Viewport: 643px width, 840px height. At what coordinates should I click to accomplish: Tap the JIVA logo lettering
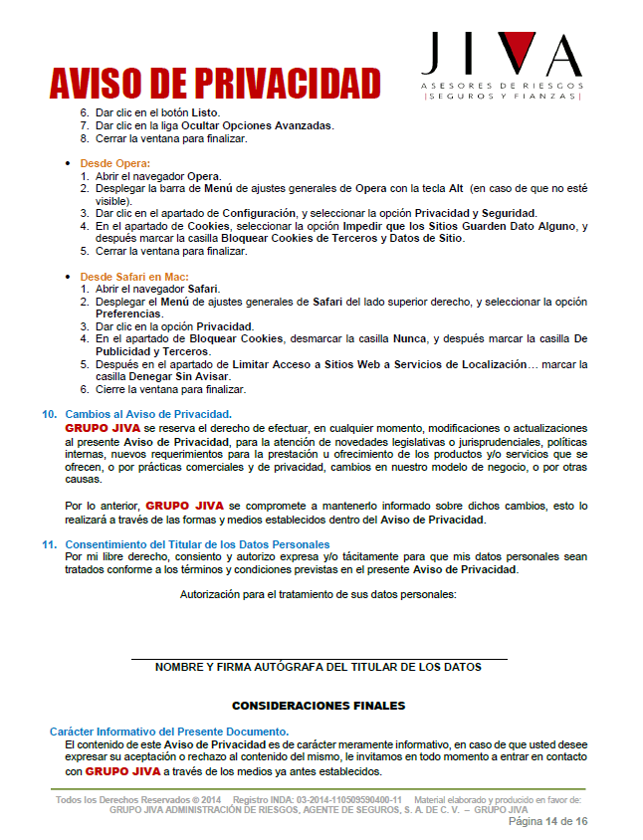pos(501,55)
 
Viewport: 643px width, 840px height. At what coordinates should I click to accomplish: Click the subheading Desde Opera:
pos(114,162)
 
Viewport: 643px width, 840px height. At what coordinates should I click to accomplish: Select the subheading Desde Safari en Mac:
pos(134,276)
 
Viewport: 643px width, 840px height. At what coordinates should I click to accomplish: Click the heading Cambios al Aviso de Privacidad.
pos(148,413)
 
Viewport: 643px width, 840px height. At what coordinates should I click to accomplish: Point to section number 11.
pos(48,544)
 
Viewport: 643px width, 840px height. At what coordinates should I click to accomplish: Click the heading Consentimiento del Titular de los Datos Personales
pos(197,544)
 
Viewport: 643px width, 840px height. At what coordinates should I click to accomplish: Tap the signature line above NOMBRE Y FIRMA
pos(319,658)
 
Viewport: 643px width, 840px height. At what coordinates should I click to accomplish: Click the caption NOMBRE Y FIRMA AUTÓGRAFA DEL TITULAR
pos(319,667)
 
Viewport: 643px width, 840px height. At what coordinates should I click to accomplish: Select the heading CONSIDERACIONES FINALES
pos(319,706)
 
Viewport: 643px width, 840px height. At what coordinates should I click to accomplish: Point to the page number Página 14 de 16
pos(548,821)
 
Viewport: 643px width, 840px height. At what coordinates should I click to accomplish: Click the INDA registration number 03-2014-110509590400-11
pos(341,799)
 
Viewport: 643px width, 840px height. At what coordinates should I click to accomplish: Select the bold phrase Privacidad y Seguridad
pos(475,213)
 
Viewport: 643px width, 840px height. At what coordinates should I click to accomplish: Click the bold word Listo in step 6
pos(203,112)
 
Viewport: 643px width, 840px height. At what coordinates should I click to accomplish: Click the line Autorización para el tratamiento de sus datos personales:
pos(318,594)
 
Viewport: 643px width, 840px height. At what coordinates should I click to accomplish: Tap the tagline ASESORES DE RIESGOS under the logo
pos(502,87)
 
